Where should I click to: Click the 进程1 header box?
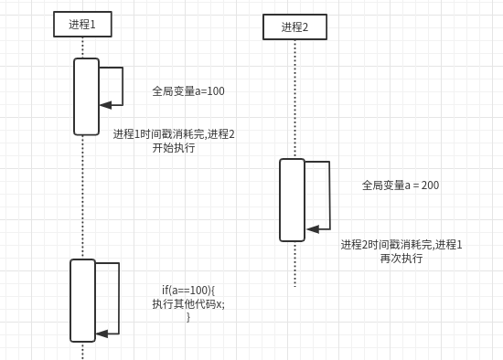click(82, 25)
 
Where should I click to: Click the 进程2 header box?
click(294, 27)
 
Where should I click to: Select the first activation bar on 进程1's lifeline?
click(86, 97)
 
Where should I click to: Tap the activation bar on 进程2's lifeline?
click(292, 200)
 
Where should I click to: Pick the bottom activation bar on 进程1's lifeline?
click(82, 301)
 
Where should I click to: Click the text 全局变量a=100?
click(188, 91)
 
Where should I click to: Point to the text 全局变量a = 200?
click(401, 185)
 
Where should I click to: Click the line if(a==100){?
click(188, 291)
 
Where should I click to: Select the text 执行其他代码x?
click(188, 304)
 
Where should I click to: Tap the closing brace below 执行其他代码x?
click(188, 317)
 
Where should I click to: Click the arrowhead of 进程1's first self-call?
click(105, 105)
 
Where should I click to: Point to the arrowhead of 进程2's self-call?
click(312, 229)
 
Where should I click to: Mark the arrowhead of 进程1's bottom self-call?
click(102, 334)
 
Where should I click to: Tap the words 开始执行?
click(174, 148)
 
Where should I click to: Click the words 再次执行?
click(401, 259)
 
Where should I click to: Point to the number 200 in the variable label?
click(430, 185)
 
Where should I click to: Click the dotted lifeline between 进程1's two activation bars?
click(82, 196)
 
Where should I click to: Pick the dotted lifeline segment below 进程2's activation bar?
click(294, 265)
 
